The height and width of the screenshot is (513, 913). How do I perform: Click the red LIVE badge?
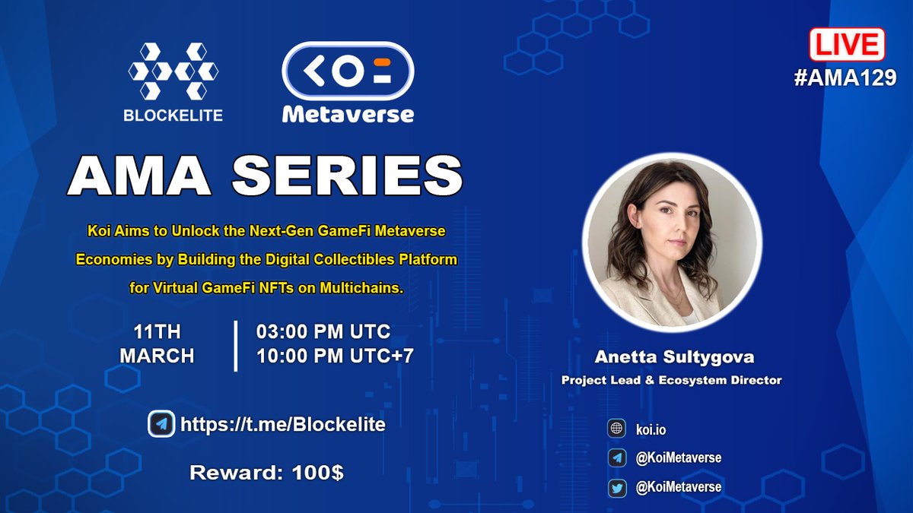click(846, 44)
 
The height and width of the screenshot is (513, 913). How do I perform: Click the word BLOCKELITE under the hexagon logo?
click(174, 116)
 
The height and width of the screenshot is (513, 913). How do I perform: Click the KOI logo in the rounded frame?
click(348, 66)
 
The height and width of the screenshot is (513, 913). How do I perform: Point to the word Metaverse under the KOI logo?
click(348, 115)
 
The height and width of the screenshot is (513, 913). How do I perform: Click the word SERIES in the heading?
click(347, 178)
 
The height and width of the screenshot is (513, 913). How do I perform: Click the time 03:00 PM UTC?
click(323, 332)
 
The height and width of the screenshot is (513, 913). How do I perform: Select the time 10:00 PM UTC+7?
click(335, 355)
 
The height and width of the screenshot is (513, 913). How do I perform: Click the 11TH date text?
click(158, 332)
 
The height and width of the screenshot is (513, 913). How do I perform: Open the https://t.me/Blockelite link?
click(282, 424)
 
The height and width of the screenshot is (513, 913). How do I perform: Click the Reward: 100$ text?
click(266, 473)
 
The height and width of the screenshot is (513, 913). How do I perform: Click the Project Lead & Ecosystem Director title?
click(671, 380)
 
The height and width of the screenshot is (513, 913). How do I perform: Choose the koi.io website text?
click(651, 429)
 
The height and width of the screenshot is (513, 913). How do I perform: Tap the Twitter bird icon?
click(616, 487)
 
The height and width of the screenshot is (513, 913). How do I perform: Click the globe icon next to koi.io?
click(616, 429)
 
